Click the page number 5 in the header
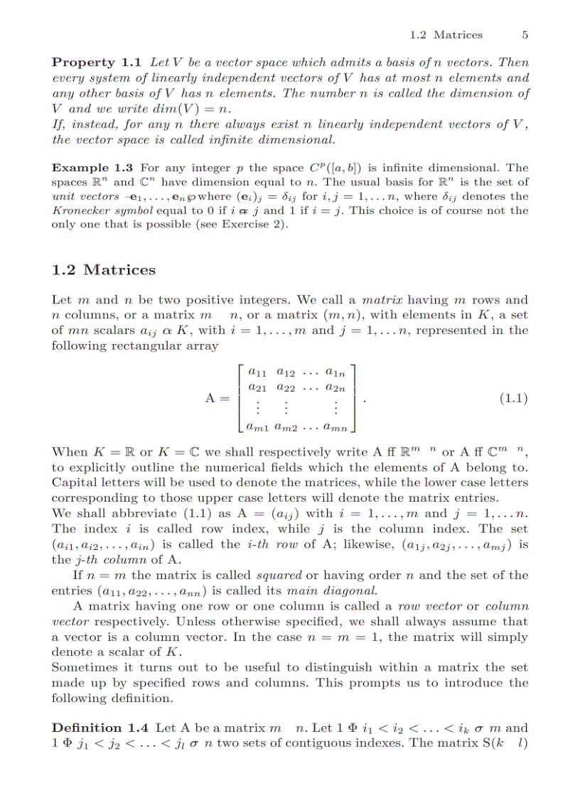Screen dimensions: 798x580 (x=525, y=34)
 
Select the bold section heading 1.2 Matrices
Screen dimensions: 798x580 (x=103, y=270)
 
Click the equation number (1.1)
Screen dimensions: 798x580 (x=512, y=399)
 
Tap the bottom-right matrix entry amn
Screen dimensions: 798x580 (x=335, y=427)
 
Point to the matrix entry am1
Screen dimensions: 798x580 (x=258, y=427)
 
